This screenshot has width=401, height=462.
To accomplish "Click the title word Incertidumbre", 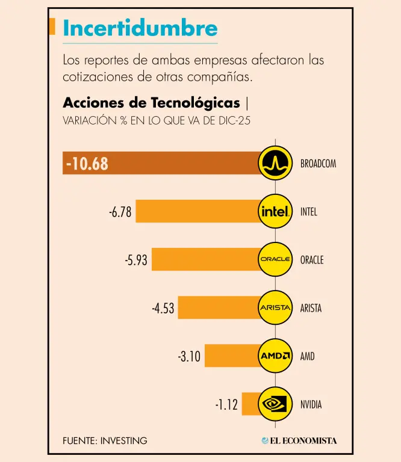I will pyautogui.click(x=140, y=28).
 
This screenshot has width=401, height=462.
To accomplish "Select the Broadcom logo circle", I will pyautogui.click(x=275, y=163).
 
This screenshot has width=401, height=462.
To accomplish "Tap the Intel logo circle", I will pyautogui.click(x=275, y=211).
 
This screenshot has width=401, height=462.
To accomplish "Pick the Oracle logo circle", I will pyautogui.click(x=275, y=259).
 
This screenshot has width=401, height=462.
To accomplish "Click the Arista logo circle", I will pyautogui.click(x=275, y=307).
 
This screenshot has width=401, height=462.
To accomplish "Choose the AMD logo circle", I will pyautogui.click(x=275, y=356).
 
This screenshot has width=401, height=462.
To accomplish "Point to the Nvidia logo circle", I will pyautogui.click(x=275, y=404).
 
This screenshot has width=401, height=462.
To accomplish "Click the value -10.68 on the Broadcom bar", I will pyautogui.click(x=88, y=164).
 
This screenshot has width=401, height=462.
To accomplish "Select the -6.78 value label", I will pyautogui.click(x=120, y=212).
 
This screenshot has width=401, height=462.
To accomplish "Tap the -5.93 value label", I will pyautogui.click(x=136, y=260).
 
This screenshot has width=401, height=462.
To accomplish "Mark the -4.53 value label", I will pyautogui.click(x=163, y=309).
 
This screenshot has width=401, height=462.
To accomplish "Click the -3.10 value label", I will pyautogui.click(x=189, y=357).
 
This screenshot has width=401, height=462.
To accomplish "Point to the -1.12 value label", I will pyautogui.click(x=226, y=405).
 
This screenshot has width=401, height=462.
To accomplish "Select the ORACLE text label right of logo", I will pyautogui.click(x=312, y=260).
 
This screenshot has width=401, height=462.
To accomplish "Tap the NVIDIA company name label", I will pyautogui.click(x=311, y=405).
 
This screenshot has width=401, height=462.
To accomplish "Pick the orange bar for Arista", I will pyautogui.click(x=217, y=307).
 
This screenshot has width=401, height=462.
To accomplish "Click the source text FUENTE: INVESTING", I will pyautogui.click(x=105, y=441).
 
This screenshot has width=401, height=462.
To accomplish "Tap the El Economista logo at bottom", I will pyautogui.click(x=299, y=441).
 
